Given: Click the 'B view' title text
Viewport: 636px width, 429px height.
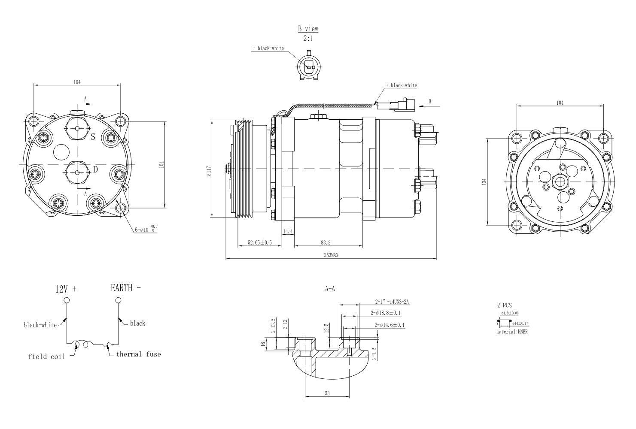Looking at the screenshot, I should coord(308,29).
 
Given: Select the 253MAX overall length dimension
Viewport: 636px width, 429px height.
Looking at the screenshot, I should coord(331,255).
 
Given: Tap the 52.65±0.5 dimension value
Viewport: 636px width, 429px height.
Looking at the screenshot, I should coord(260,243).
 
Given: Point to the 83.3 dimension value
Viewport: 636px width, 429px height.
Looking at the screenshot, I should coord(326,243).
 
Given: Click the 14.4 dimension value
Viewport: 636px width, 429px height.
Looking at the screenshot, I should coord(288,232).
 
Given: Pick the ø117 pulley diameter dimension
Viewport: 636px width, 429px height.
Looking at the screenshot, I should coord(209,171).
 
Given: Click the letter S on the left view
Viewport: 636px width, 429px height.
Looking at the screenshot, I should coord(92,137).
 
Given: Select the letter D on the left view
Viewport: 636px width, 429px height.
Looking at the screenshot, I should coord(95,170).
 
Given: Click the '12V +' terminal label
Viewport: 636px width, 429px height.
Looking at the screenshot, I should coord(66,289).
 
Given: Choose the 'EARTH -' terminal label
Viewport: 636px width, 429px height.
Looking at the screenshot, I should coord(125,288).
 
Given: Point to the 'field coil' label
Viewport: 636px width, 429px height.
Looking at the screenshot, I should coord(47,356).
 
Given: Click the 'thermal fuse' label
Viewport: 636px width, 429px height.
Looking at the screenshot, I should coord(138,354).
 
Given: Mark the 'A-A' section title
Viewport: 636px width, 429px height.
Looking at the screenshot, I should coord(330,289).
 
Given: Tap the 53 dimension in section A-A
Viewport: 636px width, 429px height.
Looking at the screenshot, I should coord(327,393).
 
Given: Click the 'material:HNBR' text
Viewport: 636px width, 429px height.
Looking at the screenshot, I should coord(511,332).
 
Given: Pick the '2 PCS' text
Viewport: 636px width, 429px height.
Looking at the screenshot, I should coord(504,305).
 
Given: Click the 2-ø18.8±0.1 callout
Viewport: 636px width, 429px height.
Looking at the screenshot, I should coord(386,313).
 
